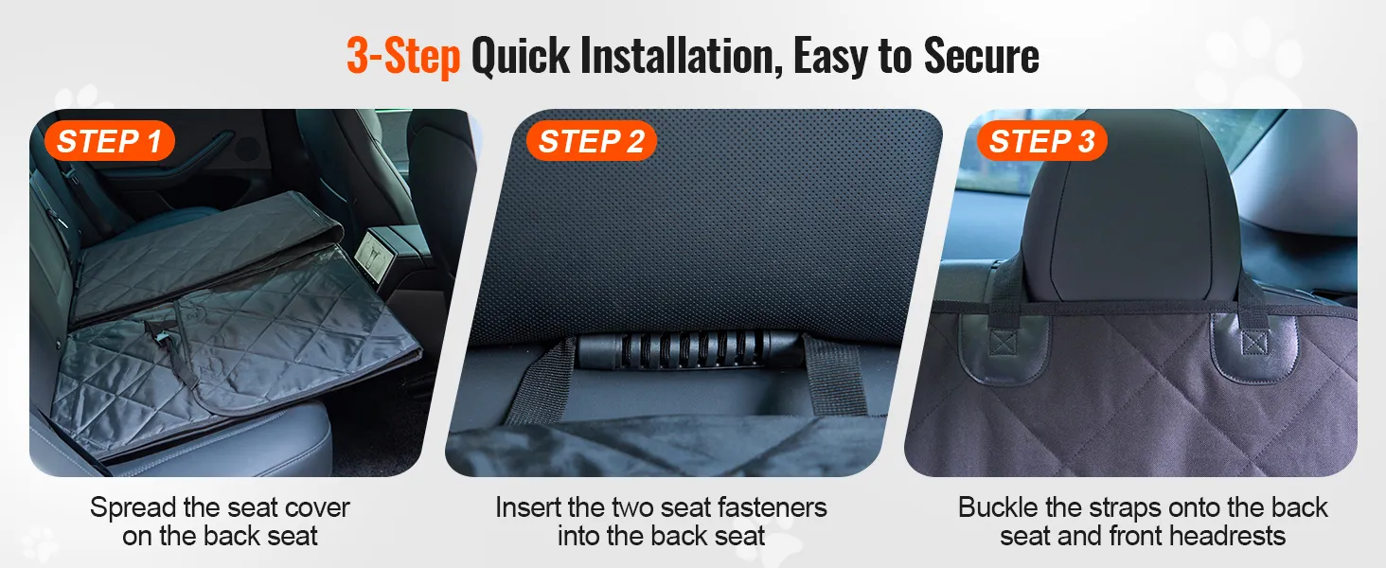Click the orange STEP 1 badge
click(x=110, y=141)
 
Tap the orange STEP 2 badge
click(x=591, y=141)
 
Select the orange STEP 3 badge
click(x=1042, y=141)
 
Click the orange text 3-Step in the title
click(x=403, y=56)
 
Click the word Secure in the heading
click(x=982, y=56)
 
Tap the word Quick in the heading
click(x=521, y=56)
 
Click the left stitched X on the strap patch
click(x=1003, y=342)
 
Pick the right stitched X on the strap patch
click(x=1254, y=343)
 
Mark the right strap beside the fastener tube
click(x=835, y=374)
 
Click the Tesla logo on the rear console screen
click(x=373, y=255)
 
